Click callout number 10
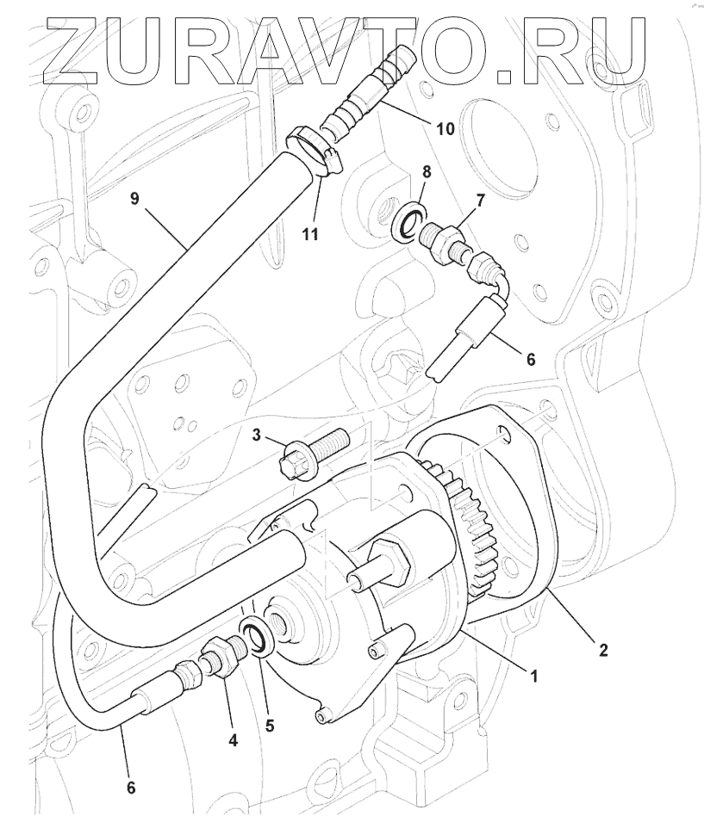445,128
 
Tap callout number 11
310,233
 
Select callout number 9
135,200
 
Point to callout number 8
426,172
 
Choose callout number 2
603,651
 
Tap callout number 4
234,741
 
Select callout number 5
270,726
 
